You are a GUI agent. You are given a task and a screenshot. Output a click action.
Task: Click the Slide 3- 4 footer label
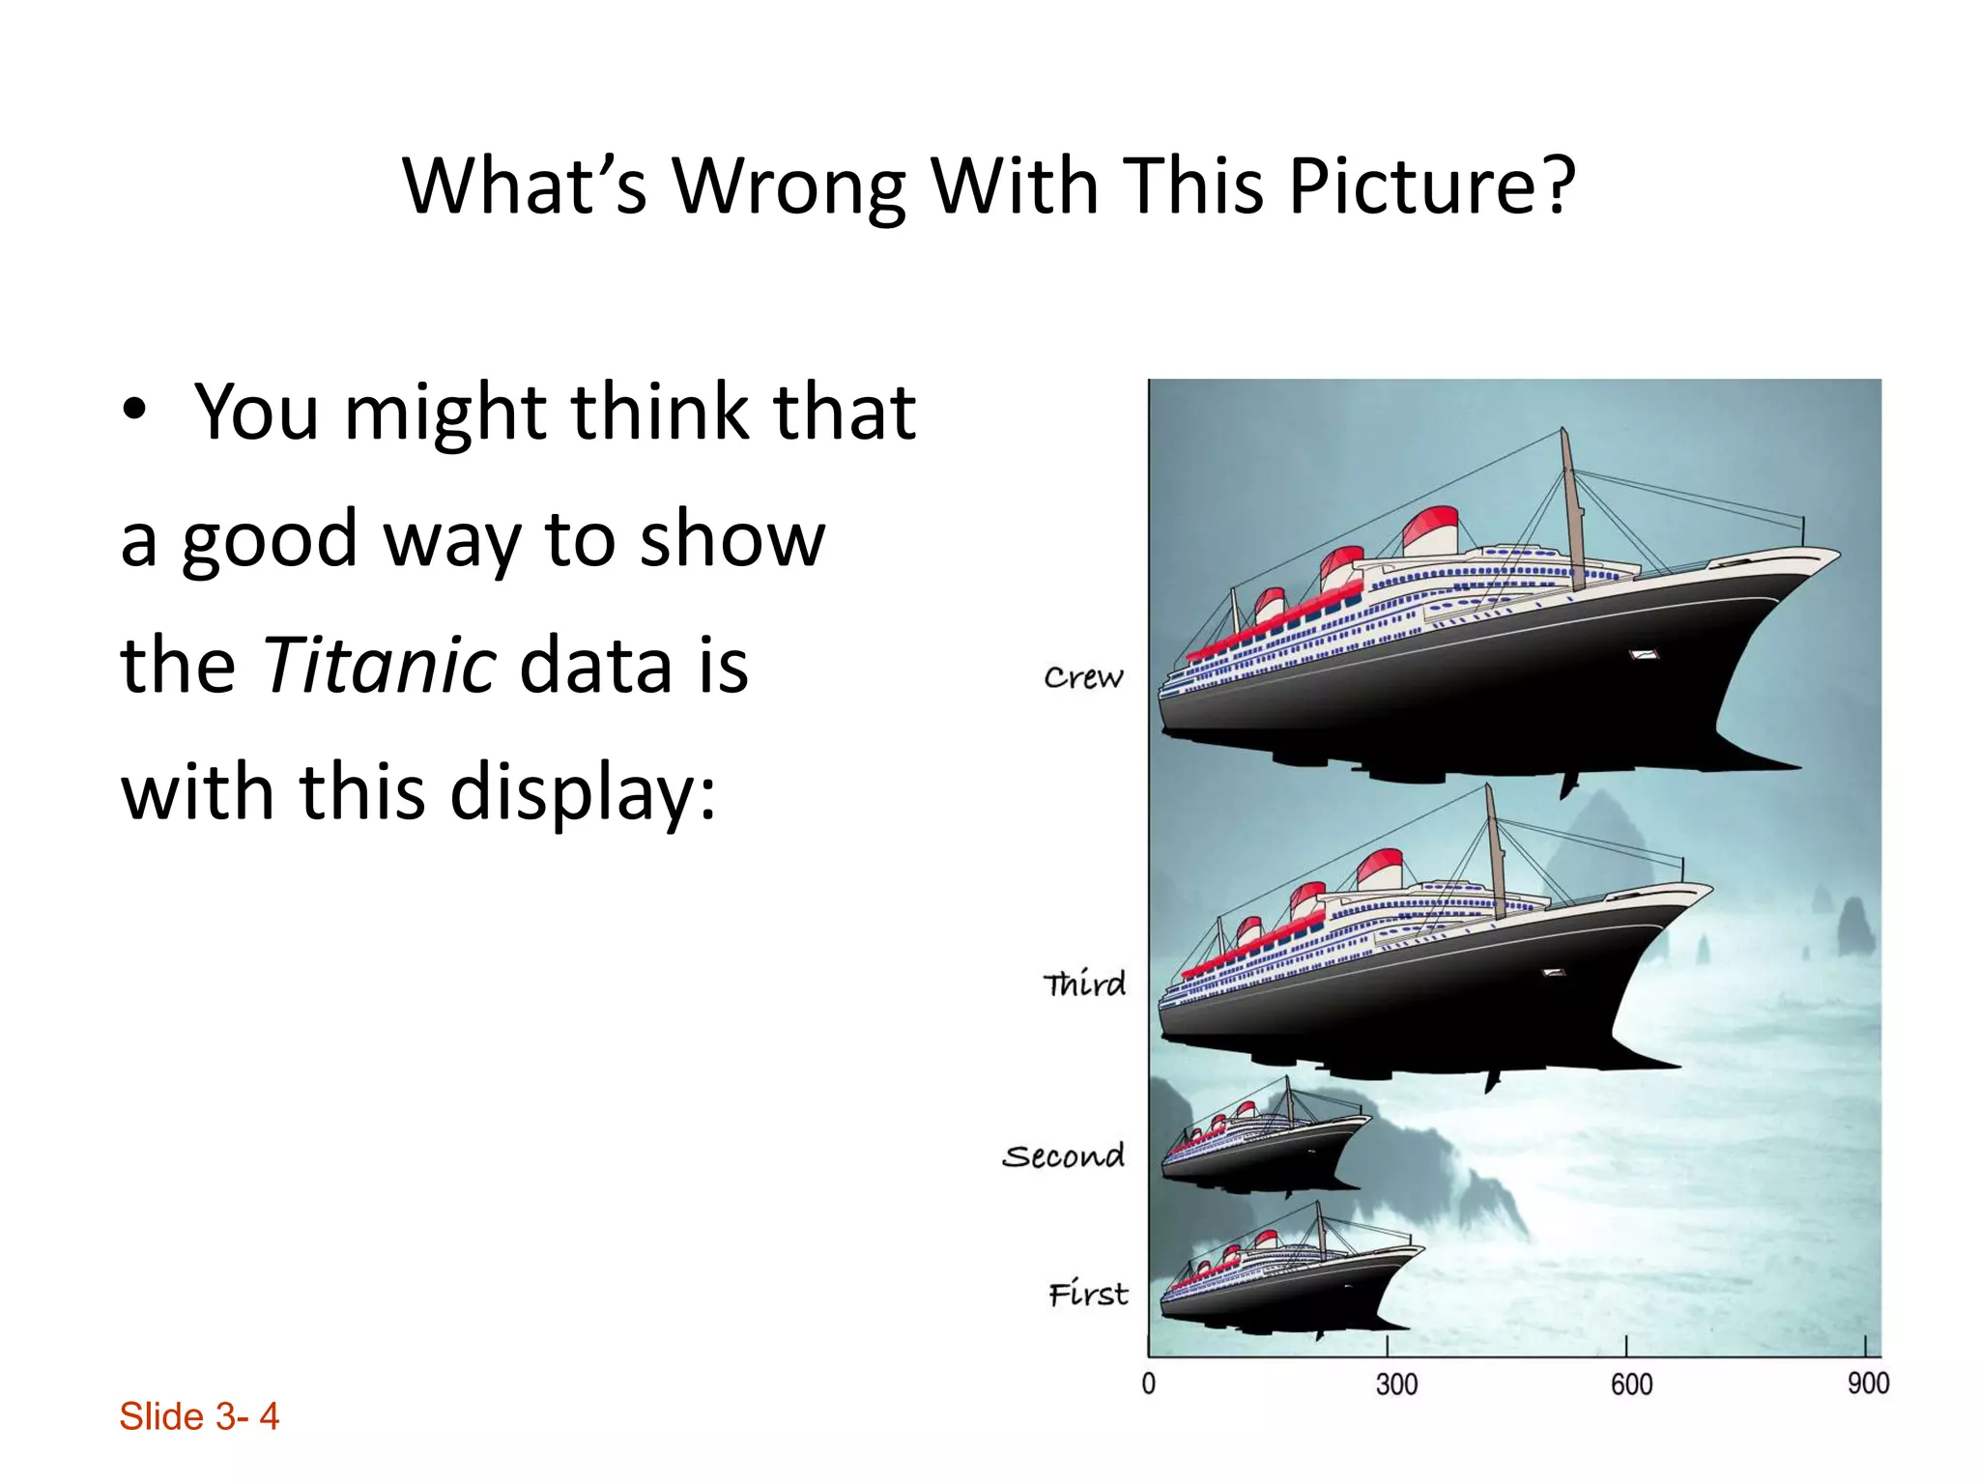click(x=199, y=1416)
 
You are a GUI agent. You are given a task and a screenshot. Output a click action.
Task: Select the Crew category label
click(x=1083, y=677)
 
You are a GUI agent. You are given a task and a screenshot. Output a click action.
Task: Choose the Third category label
click(x=1084, y=984)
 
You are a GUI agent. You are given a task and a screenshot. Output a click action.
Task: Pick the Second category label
click(x=1063, y=1156)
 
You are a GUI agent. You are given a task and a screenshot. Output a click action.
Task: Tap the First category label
click(x=1088, y=1293)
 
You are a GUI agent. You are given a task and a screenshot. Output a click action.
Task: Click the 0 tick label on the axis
click(x=1148, y=1384)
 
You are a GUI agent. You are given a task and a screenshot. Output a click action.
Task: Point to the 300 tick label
click(x=1396, y=1384)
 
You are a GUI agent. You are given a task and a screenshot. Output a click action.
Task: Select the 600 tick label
click(x=1631, y=1384)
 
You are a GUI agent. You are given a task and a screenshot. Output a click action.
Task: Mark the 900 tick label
click(x=1868, y=1383)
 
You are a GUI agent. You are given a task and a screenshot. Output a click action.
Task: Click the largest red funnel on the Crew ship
click(x=1429, y=530)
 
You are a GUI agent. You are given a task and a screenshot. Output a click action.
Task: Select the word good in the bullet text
click(x=271, y=539)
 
